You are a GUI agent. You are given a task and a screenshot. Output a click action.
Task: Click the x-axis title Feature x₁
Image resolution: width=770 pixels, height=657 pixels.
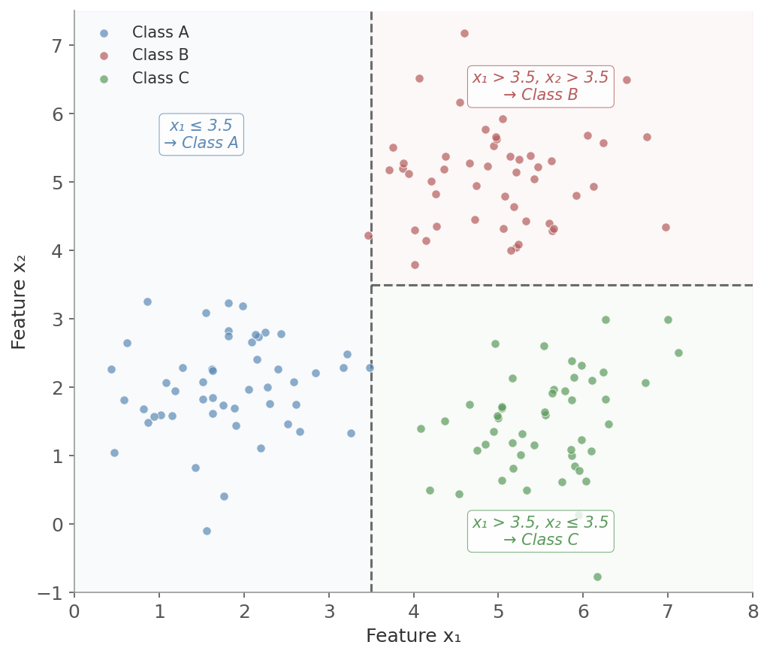(413, 636)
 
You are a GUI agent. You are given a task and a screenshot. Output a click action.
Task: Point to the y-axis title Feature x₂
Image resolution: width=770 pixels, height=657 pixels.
(20, 301)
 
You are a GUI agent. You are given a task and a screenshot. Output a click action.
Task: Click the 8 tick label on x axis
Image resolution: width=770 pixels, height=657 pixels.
(752, 611)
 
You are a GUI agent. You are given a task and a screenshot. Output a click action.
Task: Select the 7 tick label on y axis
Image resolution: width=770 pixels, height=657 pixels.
(58, 45)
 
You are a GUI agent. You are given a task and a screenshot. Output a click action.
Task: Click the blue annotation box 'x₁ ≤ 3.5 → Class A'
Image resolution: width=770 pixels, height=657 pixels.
(201, 135)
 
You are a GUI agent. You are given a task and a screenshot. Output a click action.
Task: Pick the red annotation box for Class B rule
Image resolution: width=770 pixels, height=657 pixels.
(540, 86)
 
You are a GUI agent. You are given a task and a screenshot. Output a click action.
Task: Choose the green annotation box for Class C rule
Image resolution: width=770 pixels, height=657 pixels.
(540, 531)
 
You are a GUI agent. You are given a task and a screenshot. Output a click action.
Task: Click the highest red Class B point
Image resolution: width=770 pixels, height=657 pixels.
(464, 33)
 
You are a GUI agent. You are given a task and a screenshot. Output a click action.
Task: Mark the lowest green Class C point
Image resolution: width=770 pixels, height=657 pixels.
(597, 577)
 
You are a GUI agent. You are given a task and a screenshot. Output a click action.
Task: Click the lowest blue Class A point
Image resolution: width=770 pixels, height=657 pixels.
(207, 531)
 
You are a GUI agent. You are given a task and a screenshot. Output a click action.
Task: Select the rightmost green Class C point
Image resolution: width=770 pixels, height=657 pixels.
(678, 353)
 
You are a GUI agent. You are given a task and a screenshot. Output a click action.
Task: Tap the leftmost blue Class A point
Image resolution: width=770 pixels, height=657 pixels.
(111, 369)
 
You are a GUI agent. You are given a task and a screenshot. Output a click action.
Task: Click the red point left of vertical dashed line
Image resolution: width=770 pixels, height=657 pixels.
(368, 235)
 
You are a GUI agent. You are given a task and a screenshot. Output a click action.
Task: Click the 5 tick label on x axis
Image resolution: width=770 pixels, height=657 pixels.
(498, 611)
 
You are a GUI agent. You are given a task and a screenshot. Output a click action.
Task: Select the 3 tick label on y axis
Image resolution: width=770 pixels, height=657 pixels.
(58, 319)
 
